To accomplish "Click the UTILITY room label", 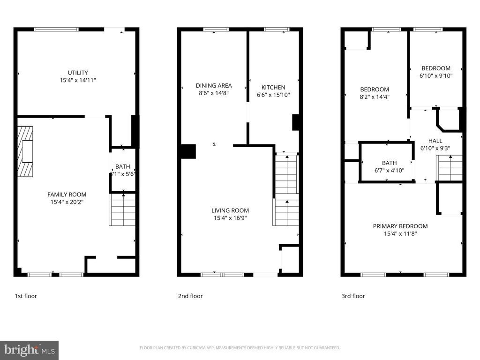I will point(78,73).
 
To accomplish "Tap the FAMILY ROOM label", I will point(67,195).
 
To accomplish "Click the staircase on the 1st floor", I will point(123,210).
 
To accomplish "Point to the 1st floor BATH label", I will point(123,166).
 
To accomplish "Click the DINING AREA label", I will point(214,86).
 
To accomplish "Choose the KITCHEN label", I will point(273,87).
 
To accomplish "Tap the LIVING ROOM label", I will point(230,210).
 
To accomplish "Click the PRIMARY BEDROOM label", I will point(400,226).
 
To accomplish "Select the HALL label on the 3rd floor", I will point(435,141).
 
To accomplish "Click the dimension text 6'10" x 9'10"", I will point(436,75).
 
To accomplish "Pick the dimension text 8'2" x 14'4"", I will point(375,97).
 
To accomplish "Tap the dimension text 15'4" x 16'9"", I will point(230,218).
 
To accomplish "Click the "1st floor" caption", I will point(26,296).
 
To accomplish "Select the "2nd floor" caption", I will point(190,296).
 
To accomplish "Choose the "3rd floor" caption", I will point(353,296).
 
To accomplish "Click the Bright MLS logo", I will point(29,350).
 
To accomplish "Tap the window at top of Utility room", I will point(56,30).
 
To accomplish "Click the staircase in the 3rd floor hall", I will point(450,167).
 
